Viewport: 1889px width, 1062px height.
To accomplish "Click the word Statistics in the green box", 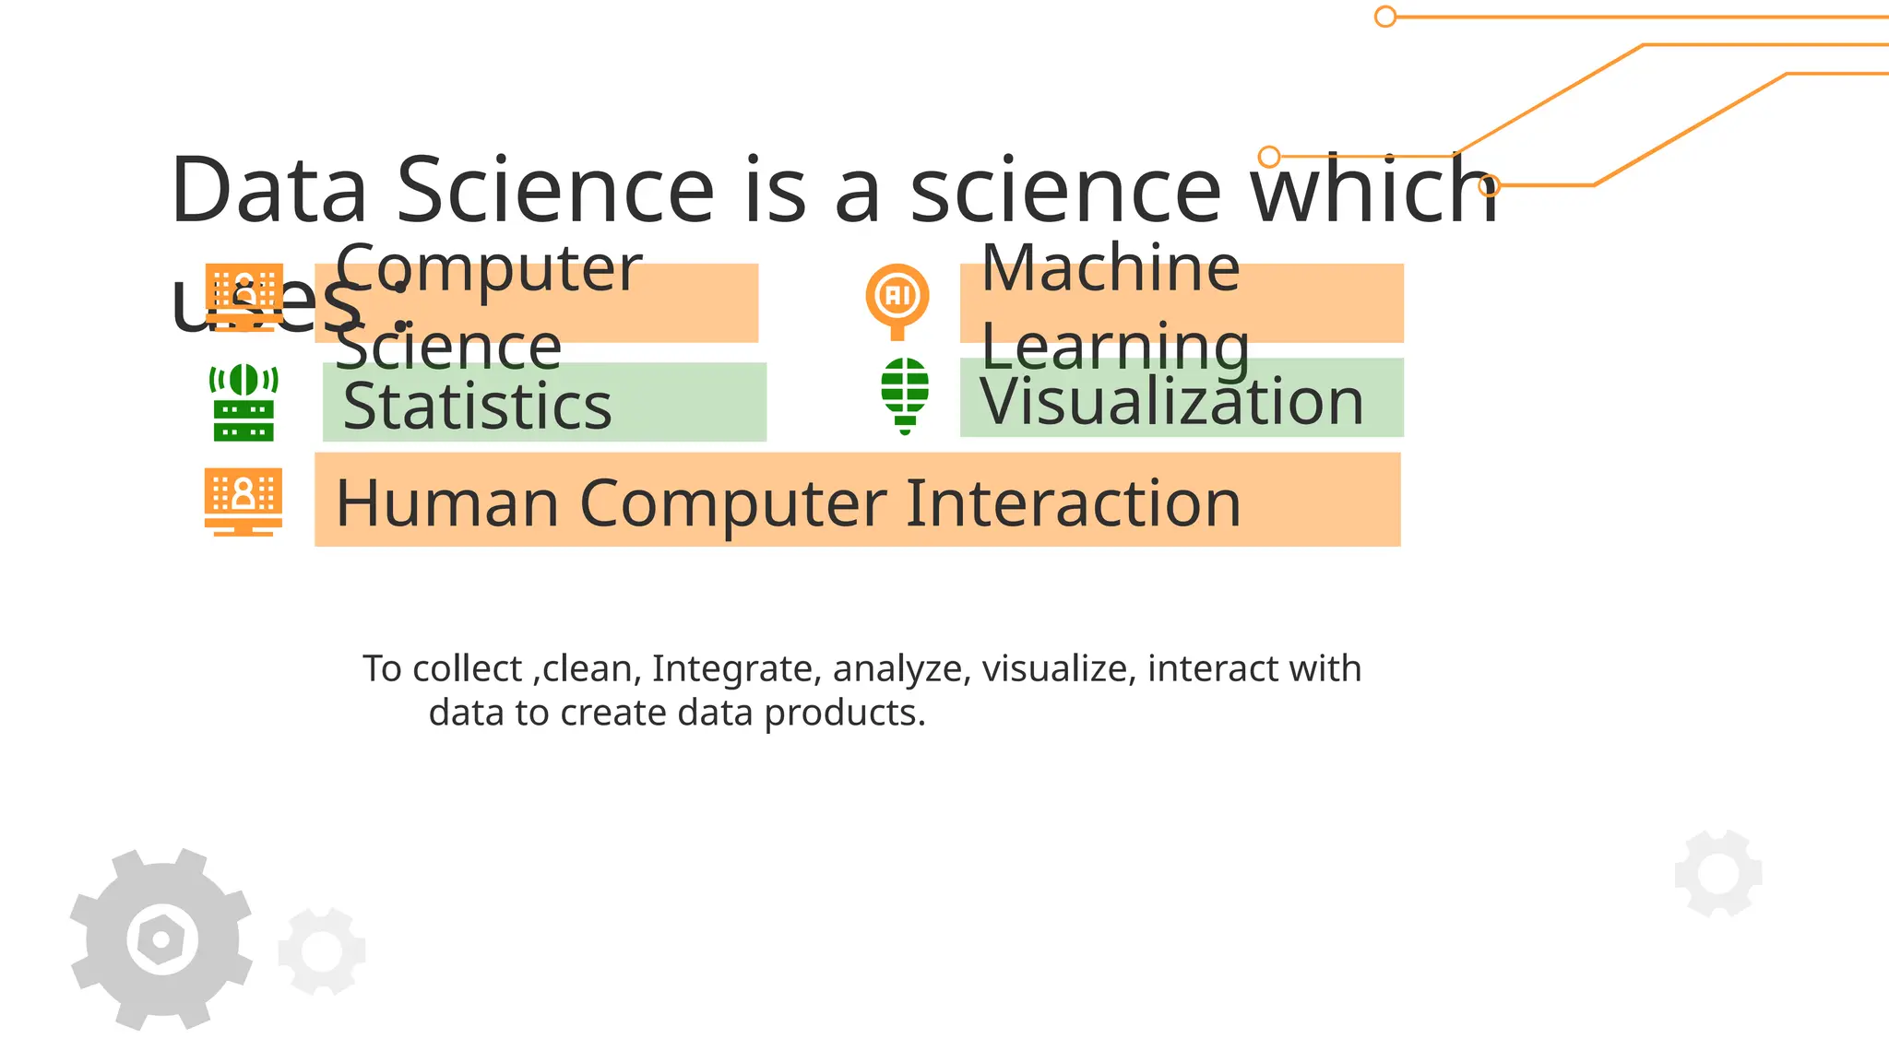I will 477,407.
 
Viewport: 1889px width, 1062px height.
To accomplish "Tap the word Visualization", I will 1171,402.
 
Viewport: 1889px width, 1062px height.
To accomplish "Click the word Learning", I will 1115,348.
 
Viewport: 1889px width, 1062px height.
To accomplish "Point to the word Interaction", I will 1074,503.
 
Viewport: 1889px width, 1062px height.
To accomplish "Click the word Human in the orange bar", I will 447,503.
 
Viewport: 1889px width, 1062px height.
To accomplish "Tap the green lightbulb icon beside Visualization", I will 905,395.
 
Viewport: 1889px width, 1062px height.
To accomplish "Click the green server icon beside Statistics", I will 244,403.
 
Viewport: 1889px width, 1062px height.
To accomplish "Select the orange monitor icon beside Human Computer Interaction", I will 244,501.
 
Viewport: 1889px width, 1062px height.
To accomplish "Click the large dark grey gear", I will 161,938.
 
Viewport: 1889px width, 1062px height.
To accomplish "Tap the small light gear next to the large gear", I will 322,951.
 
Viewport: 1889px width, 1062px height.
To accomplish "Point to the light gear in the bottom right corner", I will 1718,873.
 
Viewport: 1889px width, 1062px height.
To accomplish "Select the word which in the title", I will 1374,191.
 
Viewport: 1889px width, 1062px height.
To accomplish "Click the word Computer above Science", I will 489,268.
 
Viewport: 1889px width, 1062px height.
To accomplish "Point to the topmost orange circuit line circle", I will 1385,17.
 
